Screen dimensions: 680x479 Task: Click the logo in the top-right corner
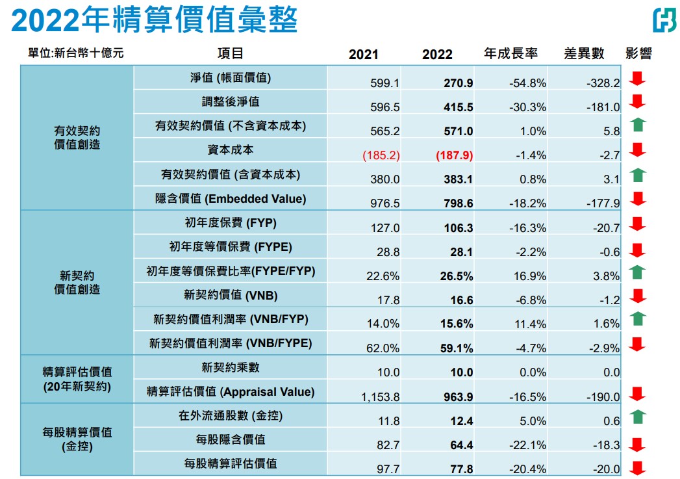click(x=665, y=20)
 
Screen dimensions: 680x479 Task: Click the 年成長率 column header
click(x=510, y=53)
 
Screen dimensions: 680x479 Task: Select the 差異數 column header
click(x=584, y=53)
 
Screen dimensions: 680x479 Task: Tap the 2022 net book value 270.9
click(x=458, y=83)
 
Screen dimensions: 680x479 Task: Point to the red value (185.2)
click(x=381, y=155)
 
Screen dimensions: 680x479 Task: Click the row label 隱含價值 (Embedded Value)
click(x=231, y=199)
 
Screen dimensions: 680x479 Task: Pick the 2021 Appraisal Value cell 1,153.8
click(x=381, y=396)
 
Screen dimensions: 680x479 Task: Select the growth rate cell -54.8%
click(x=527, y=83)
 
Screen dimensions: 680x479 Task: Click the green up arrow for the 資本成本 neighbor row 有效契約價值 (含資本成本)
click(x=638, y=175)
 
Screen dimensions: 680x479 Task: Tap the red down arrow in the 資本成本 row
click(x=638, y=150)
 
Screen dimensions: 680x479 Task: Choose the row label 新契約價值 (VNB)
click(x=231, y=296)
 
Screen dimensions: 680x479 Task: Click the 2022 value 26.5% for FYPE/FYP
click(x=456, y=276)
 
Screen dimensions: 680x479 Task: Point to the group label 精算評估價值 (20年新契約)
click(x=77, y=379)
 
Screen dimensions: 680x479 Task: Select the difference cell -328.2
click(x=603, y=83)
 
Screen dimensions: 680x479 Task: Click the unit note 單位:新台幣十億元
click(x=76, y=53)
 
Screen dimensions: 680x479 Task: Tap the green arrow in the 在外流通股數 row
click(x=638, y=417)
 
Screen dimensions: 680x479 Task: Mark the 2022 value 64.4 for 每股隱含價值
click(x=461, y=445)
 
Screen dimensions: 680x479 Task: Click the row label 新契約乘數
click(x=231, y=367)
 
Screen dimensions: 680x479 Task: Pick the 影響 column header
click(x=638, y=53)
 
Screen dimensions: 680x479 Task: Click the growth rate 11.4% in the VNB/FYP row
click(x=530, y=324)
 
